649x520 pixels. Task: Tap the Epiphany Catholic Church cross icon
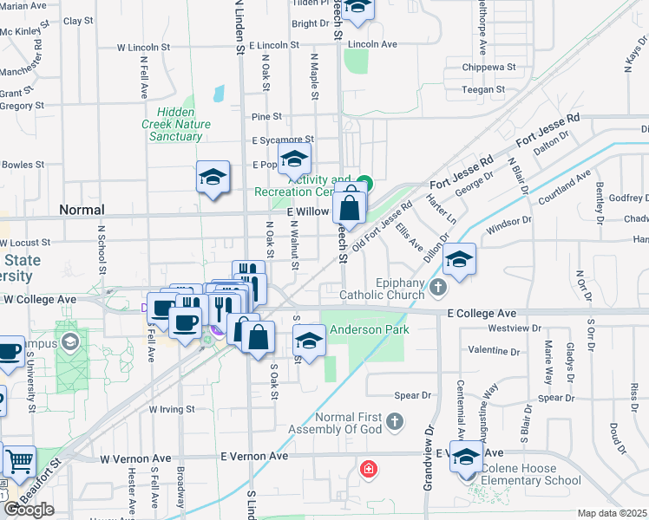click(438, 287)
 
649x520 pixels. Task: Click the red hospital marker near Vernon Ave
click(369, 470)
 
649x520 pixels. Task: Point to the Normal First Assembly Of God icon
click(395, 422)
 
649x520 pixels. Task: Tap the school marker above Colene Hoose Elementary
click(466, 457)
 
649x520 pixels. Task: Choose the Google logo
click(29, 510)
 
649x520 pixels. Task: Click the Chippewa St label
click(489, 66)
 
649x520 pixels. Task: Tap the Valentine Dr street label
click(493, 352)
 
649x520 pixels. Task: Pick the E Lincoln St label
click(273, 44)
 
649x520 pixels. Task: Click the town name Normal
click(82, 210)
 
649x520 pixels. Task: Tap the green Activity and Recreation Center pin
click(365, 184)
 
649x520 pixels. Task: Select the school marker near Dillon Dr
click(458, 260)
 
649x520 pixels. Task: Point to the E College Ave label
click(482, 313)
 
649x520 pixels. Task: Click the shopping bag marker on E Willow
click(349, 208)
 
